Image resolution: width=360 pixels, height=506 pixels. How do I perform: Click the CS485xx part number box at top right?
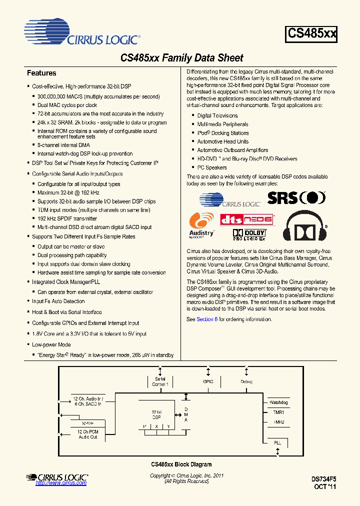(312, 34)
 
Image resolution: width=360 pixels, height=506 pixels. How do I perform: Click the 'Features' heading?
(41, 73)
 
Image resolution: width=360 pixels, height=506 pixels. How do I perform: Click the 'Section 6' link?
(207, 319)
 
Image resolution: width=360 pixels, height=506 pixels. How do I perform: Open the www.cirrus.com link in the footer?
(61, 483)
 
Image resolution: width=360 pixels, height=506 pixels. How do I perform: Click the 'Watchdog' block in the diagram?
(278, 402)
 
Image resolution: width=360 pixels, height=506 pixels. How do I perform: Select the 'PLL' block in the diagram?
(277, 443)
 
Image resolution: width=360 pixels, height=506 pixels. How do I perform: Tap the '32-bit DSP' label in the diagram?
(156, 413)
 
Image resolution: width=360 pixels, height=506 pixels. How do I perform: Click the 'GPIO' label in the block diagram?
(208, 381)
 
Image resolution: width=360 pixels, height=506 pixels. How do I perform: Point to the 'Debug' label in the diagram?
(246, 381)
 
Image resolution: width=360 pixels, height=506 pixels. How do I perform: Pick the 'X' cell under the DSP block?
(156, 426)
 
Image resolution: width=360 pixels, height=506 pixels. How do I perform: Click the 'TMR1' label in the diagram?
(278, 412)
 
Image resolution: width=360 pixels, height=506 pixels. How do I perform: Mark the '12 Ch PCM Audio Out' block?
(87, 434)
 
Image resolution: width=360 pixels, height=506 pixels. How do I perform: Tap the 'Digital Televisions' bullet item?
(217, 115)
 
